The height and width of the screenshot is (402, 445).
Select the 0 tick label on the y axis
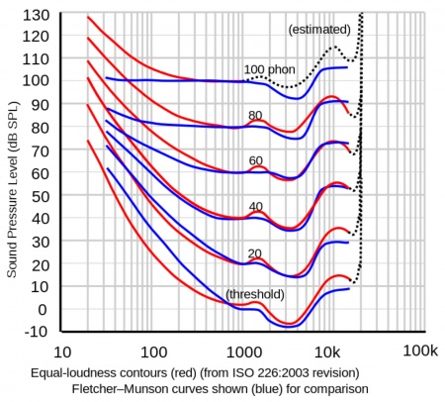42,309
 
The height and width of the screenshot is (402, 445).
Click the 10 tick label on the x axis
61,352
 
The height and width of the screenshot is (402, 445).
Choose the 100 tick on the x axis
153,352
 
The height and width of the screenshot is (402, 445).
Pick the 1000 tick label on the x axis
242,352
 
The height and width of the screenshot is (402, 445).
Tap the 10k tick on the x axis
330,352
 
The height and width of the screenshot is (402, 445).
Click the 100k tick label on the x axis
419,352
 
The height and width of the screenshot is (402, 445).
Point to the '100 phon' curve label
269,69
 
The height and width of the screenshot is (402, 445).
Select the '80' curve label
256,114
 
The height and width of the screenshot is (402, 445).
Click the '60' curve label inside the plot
256,160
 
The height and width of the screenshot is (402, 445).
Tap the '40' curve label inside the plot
256,208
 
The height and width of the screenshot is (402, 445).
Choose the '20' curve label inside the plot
256,253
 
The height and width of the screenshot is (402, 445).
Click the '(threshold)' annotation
256,294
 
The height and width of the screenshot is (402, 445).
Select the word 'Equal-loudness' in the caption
74,373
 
